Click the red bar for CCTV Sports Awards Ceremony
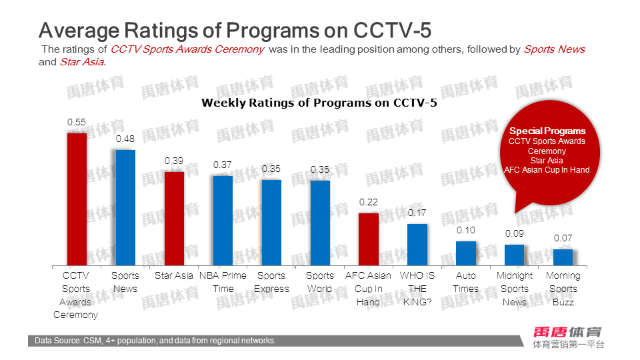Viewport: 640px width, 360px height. tap(77, 199)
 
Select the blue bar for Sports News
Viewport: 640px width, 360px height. tap(125, 207)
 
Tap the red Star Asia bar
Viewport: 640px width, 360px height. tap(174, 218)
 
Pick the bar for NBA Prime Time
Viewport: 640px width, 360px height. tap(223, 220)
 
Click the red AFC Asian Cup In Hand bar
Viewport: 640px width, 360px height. tap(369, 239)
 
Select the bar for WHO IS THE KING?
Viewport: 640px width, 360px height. tap(417, 244)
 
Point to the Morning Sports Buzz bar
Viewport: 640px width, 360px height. tap(563, 257)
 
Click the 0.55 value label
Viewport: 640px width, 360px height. tap(77, 123)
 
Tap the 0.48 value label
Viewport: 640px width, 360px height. tap(125, 139)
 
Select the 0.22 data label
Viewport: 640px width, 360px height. tap(369, 202)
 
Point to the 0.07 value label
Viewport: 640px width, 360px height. tap(563, 238)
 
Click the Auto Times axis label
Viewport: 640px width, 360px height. tap(466, 282)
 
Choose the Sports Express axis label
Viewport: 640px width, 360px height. tap(271, 282)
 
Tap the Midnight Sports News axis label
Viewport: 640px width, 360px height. tap(515, 289)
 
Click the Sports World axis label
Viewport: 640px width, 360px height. tap(320, 282)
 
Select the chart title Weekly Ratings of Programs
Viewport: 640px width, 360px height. tap(319, 103)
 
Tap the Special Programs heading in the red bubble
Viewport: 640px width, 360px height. tap(547, 131)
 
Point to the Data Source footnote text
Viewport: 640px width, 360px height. tap(155, 341)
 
